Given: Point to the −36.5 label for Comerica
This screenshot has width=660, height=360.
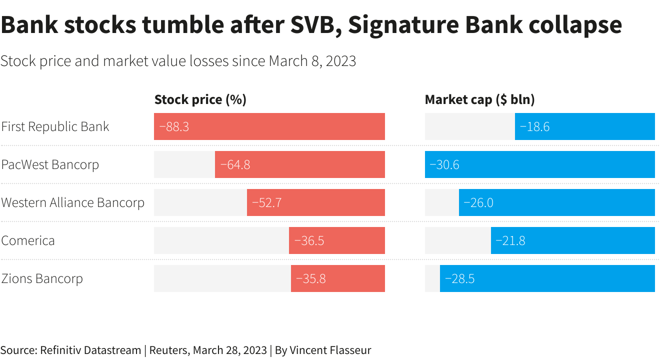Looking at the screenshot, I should (x=309, y=240).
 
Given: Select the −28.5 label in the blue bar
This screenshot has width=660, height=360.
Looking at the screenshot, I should (x=459, y=278).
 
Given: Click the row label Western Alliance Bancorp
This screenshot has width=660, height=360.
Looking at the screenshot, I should (x=73, y=202).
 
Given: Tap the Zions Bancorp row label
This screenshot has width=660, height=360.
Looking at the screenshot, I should (x=42, y=278).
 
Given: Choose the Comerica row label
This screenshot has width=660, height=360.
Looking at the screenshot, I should (x=28, y=240).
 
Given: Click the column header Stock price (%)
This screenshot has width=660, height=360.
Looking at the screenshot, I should (x=200, y=99).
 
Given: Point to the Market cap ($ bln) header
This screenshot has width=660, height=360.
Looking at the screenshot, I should (x=479, y=99).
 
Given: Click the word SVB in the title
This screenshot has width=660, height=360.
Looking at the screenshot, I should (x=312, y=25).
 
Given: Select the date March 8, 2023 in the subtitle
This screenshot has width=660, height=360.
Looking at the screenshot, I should (x=312, y=61).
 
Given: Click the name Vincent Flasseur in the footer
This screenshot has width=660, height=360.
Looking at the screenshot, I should (x=330, y=350).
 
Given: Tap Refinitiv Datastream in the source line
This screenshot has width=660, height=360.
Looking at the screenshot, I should (x=90, y=350).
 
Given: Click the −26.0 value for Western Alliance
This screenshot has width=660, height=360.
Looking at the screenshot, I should (x=478, y=202).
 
